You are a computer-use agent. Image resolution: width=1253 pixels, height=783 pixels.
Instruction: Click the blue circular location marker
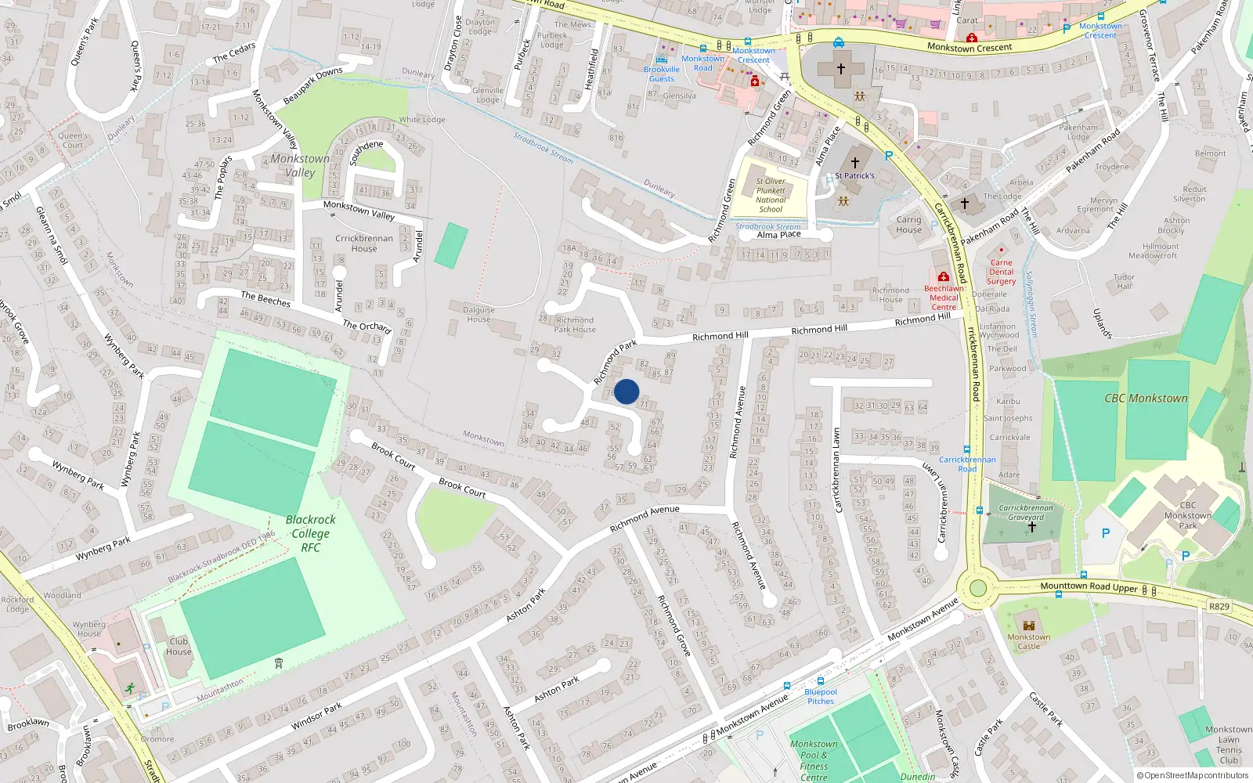[x=626, y=391]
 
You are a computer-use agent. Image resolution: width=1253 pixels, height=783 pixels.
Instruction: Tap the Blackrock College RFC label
[x=311, y=533]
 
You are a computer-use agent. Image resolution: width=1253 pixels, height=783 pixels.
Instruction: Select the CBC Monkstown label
[x=1146, y=398]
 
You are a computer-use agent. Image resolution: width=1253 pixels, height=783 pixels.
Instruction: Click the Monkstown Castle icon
[x=1029, y=626]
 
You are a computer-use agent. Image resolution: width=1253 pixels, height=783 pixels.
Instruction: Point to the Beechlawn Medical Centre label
[x=944, y=298]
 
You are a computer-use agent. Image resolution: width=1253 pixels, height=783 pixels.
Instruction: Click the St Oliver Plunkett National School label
[x=771, y=195]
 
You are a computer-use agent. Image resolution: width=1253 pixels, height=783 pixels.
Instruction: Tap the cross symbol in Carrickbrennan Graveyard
[x=1032, y=528]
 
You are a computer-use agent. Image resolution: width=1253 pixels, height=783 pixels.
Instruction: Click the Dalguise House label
[x=478, y=314]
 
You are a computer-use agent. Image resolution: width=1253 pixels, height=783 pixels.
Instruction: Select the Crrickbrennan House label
[x=364, y=244]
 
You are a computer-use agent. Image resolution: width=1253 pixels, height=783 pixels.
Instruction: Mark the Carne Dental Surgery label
[x=1001, y=272]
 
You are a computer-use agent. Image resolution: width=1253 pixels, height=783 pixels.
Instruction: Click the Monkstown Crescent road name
[x=970, y=48]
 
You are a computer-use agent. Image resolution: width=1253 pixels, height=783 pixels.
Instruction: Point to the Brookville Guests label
[x=662, y=74]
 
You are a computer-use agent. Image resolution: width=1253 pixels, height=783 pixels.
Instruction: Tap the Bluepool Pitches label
[x=821, y=696]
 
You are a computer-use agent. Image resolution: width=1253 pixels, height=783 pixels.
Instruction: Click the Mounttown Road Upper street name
[x=1089, y=586]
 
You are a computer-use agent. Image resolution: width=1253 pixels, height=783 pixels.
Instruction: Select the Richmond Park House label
[x=575, y=325]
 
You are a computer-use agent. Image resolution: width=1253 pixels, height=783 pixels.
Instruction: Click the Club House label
[x=179, y=646]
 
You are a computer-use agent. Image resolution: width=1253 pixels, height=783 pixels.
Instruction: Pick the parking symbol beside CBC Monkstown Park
[x=1105, y=533]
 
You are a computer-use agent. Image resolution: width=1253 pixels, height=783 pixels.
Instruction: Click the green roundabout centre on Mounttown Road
[x=977, y=588]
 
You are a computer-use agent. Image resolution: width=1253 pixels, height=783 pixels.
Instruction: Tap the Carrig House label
[x=908, y=225]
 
